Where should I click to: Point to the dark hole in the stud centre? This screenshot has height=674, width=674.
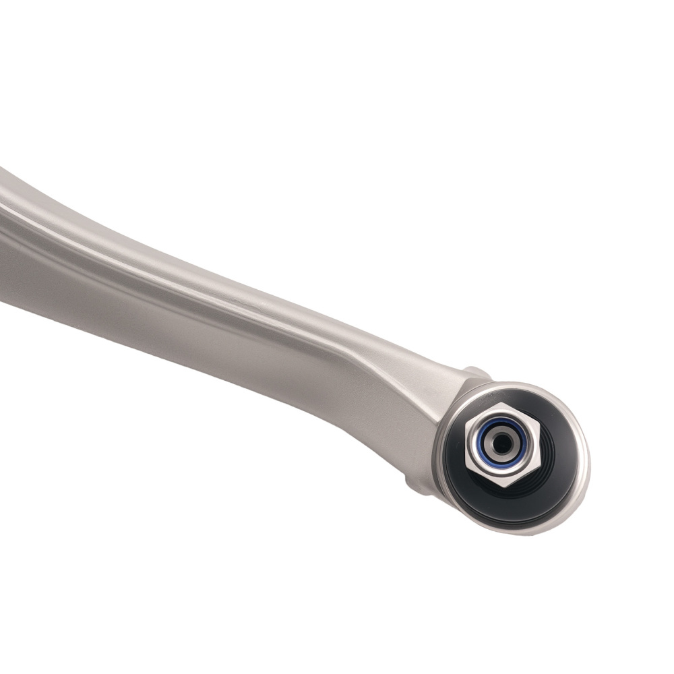point(501,443)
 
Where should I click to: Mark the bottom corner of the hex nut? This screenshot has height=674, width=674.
point(503,487)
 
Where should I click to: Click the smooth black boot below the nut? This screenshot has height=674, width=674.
point(499,509)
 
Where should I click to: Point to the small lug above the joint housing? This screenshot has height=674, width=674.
point(477,373)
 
